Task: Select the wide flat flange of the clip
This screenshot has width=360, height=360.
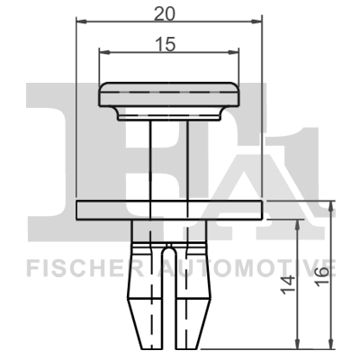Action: pos(170,210)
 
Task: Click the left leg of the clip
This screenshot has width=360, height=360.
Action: pos(145,297)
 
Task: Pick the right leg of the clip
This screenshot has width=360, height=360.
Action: pos(193,297)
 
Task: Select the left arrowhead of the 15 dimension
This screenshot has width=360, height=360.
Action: pos(102,51)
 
